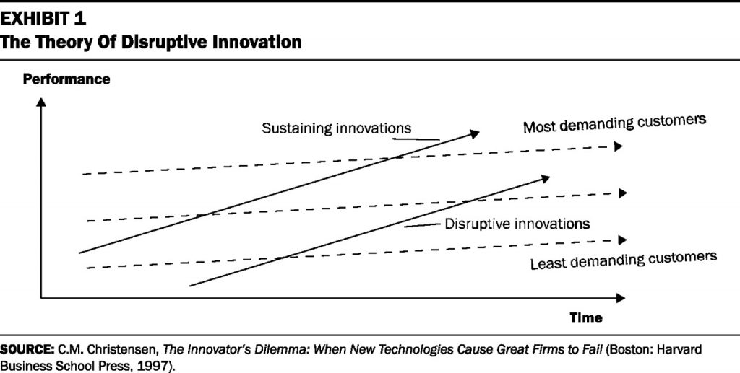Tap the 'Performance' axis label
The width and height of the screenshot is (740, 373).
coord(66,79)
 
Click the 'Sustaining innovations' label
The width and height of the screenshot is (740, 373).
coord(336,128)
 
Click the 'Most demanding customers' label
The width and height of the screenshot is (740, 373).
coord(614,124)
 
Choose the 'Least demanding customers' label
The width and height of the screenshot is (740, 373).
coord(623,259)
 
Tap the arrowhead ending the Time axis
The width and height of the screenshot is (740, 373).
coord(620,297)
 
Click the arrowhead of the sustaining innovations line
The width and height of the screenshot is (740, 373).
coord(474,133)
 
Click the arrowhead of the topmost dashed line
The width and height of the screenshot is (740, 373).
coord(619,146)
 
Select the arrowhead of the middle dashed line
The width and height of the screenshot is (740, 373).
coord(623,193)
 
